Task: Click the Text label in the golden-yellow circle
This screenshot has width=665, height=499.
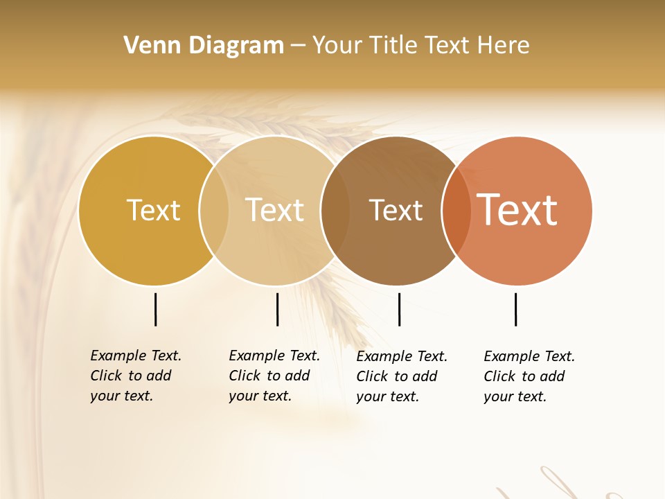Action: pos(153,210)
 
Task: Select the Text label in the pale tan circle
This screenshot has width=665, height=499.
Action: pos(274,210)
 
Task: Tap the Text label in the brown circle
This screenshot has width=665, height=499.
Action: pos(396,210)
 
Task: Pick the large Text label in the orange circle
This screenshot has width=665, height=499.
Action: pos(517,210)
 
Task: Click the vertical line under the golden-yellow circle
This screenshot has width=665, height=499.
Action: pos(155,309)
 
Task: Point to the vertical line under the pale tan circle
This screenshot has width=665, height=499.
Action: pos(277,309)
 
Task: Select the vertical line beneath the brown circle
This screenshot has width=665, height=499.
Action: pos(399,309)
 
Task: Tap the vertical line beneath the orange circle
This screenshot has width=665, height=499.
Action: pos(515,309)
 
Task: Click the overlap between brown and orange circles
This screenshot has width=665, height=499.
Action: pos(456,210)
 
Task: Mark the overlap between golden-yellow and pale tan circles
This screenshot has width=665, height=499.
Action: pos(214,210)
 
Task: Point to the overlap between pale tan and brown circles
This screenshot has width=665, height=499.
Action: pos(335,210)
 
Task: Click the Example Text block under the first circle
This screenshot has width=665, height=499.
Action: pos(135,376)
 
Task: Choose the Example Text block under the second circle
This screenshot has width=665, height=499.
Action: pos(274,376)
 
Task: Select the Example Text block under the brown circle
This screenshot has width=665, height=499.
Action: pos(401,376)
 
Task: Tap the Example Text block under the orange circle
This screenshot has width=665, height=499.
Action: pos(529,376)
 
